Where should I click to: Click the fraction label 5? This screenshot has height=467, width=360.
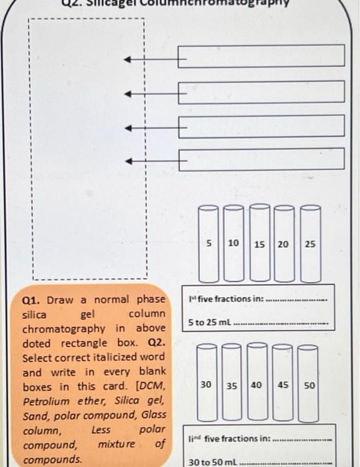(x=209, y=244)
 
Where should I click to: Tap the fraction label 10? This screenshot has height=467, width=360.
(x=233, y=244)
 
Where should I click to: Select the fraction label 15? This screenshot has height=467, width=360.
(x=259, y=245)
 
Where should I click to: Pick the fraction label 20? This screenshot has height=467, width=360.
(x=283, y=245)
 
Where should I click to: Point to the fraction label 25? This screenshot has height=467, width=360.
(x=310, y=245)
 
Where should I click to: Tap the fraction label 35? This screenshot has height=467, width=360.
(x=232, y=386)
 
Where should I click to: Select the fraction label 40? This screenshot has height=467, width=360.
(x=257, y=386)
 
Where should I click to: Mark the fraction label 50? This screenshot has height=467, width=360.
(x=309, y=386)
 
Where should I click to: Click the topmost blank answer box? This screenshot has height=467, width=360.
(x=261, y=56)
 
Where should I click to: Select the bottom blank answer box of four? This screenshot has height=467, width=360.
(x=261, y=159)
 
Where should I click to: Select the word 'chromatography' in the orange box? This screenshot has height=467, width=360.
(x=64, y=329)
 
